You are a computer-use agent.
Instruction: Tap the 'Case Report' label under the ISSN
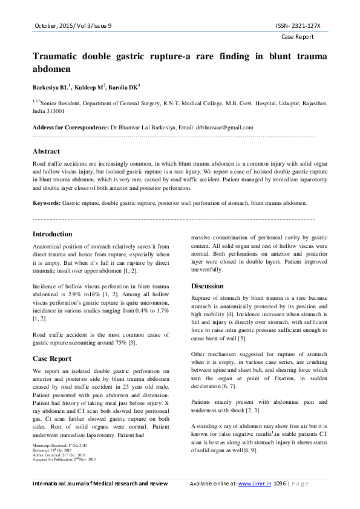tap(298, 37)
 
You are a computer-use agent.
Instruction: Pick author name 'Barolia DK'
tap(123, 88)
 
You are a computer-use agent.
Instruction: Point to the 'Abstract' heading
tap(46, 151)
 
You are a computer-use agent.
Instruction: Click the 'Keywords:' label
tap(46, 203)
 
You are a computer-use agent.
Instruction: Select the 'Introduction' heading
tap(53, 234)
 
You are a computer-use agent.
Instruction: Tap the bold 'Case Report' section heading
tap(53, 359)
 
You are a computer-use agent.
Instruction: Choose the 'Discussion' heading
tap(208, 286)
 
